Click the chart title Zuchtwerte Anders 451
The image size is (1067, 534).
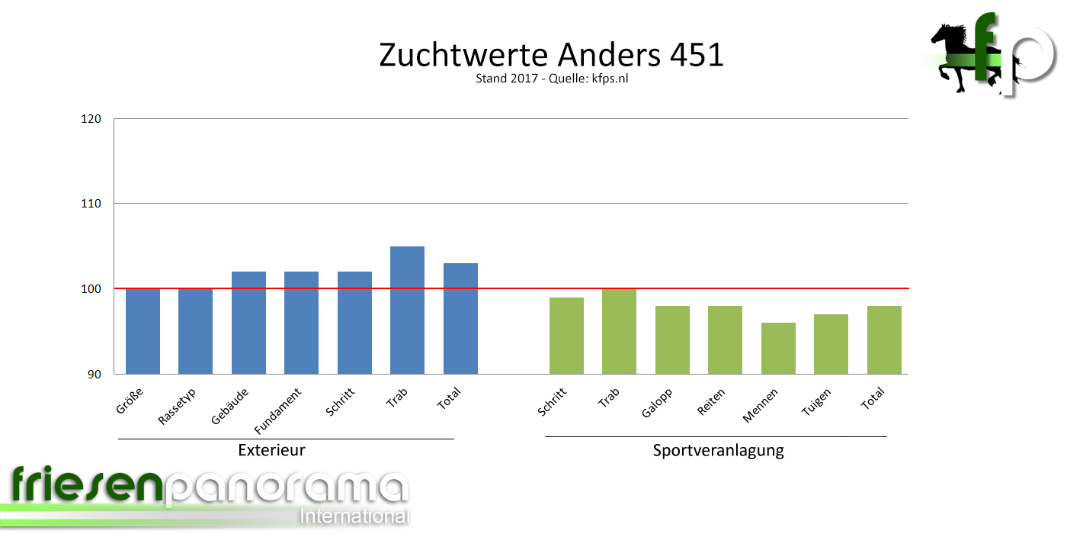(551, 56)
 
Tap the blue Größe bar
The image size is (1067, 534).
(143, 331)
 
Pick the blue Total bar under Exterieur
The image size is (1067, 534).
(460, 318)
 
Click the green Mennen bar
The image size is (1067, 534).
(778, 348)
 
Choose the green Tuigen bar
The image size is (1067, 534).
(831, 344)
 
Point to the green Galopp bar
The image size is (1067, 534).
(672, 339)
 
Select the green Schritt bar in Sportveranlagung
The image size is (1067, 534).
(566, 336)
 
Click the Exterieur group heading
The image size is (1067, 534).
(271, 450)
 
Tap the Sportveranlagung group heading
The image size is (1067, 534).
(718, 450)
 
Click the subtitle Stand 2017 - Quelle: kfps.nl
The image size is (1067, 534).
(551, 79)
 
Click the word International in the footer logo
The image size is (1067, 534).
(354, 516)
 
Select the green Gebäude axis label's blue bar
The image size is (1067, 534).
(248, 323)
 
